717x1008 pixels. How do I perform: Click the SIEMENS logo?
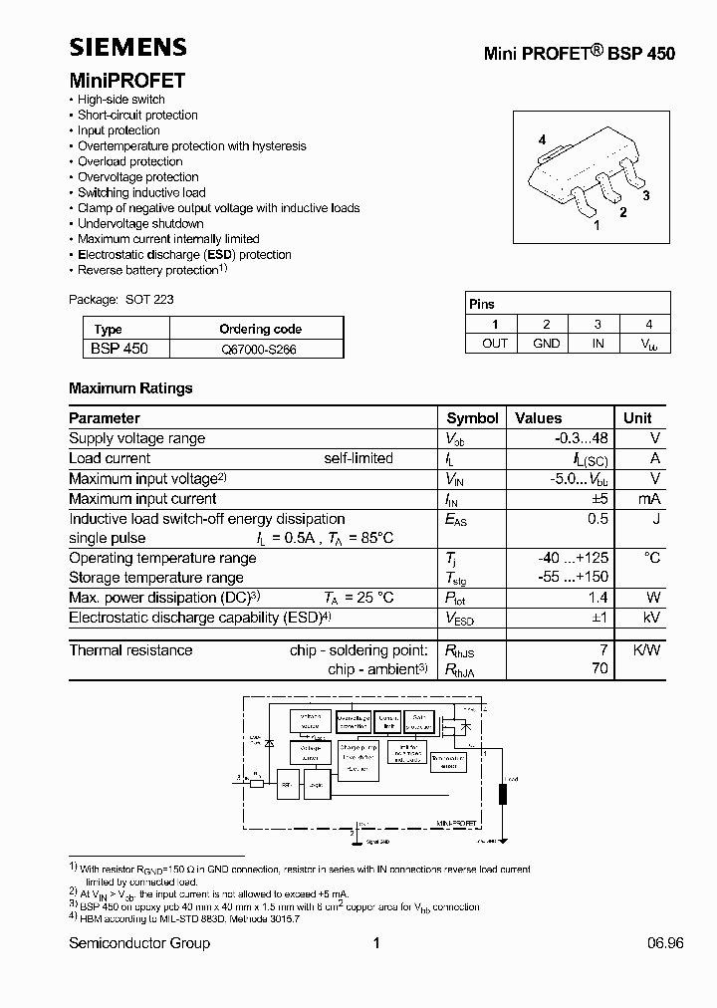pyautogui.click(x=127, y=46)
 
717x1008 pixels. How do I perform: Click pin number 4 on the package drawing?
pyautogui.click(x=543, y=140)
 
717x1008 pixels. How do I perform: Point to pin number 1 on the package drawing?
pyautogui.click(x=597, y=226)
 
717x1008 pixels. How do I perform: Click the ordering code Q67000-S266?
pyautogui.click(x=259, y=350)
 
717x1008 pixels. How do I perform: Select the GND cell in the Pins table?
pyautogui.click(x=546, y=343)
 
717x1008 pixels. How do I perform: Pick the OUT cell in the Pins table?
pyautogui.click(x=494, y=343)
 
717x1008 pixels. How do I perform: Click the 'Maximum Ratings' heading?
pyautogui.click(x=130, y=388)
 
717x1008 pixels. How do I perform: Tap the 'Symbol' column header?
pyautogui.click(x=472, y=418)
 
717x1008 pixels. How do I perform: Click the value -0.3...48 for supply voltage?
pyautogui.click(x=582, y=438)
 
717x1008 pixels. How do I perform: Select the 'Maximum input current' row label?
pyautogui.click(x=142, y=499)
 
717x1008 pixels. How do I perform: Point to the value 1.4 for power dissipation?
pyautogui.click(x=598, y=598)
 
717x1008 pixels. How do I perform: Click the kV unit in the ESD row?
pyautogui.click(x=651, y=618)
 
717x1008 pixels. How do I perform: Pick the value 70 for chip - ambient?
pyautogui.click(x=599, y=668)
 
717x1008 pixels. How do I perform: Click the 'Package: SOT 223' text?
pyautogui.click(x=121, y=299)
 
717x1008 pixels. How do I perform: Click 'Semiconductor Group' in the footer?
pyautogui.click(x=139, y=943)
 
